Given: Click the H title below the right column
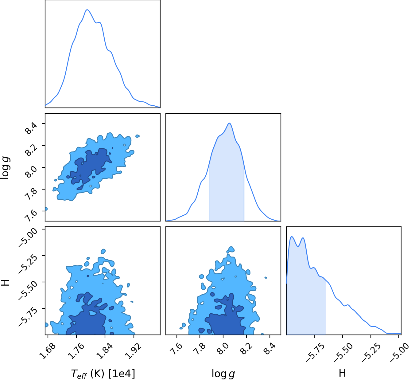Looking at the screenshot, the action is [x=342, y=373].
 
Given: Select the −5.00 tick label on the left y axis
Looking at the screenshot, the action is [x=28, y=237].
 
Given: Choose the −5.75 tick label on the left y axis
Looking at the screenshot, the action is [x=28, y=317].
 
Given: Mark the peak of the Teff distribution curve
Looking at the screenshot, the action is [x=87, y=10].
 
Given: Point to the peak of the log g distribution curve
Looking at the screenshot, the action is [x=229, y=123].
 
